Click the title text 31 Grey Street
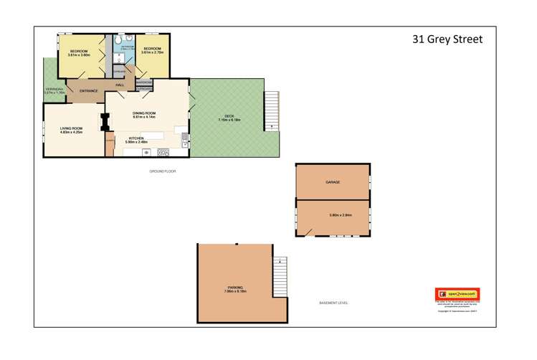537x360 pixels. pos(447,39)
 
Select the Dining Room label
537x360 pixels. pos(144,115)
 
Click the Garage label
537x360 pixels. pos(332,182)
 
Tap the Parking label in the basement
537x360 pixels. pos(235,288)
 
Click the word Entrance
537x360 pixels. pos(88,91)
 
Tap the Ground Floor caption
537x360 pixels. pos(163,172)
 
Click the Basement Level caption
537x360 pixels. pos(333,303)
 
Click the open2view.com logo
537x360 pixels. pos(457,294)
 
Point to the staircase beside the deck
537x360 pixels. pos(271,110)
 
